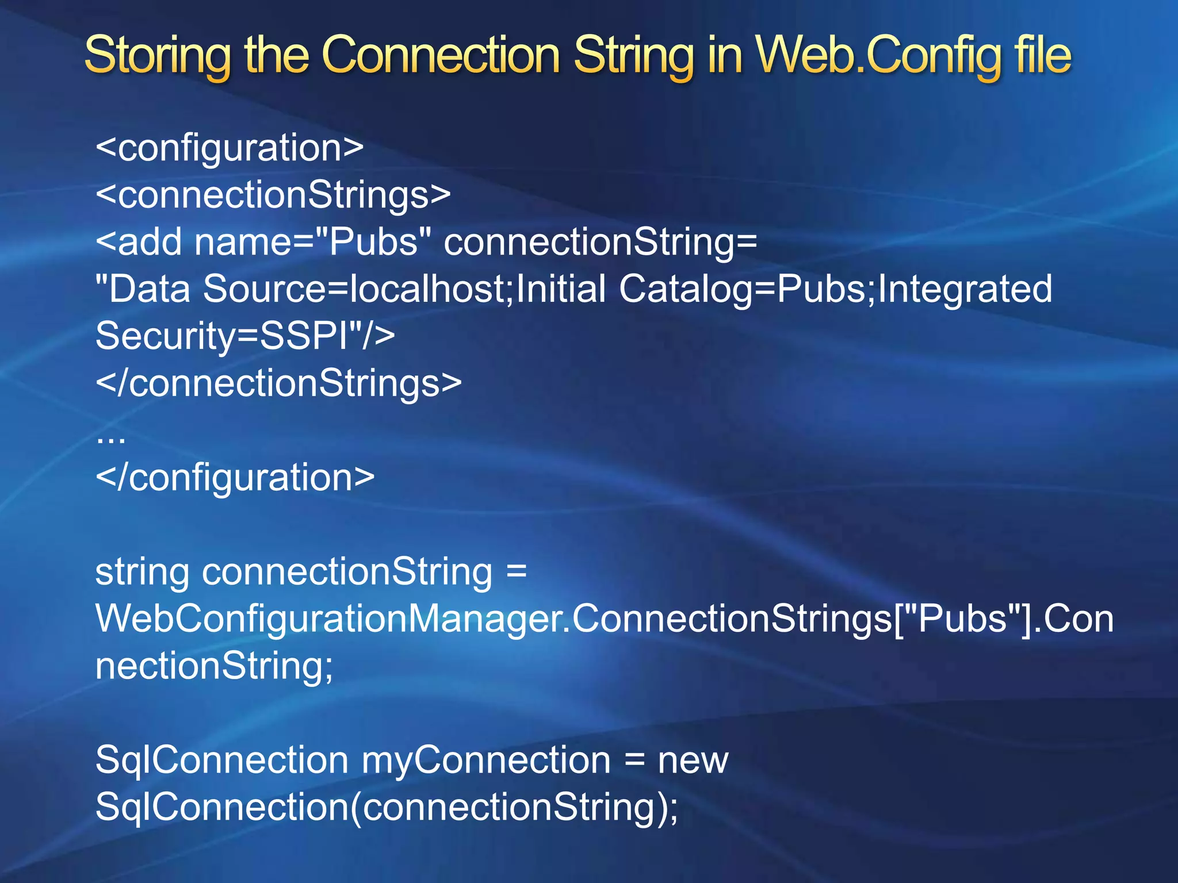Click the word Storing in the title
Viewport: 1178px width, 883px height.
tap(157, 56)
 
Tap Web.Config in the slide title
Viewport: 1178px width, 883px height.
tap(881, 56)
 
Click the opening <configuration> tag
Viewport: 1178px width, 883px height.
tap(230, 148)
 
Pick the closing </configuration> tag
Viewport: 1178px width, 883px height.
tap(235, 477)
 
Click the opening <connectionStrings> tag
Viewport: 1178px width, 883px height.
tap(273, 195)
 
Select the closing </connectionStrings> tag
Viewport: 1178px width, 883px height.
tap(278, 383)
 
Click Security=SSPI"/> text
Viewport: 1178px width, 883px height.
tap(245, 336)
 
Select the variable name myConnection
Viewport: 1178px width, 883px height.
tap(486, 760)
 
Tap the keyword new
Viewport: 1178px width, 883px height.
tap(693, 760)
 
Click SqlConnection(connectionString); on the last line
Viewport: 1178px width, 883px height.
tap(387, 807)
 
